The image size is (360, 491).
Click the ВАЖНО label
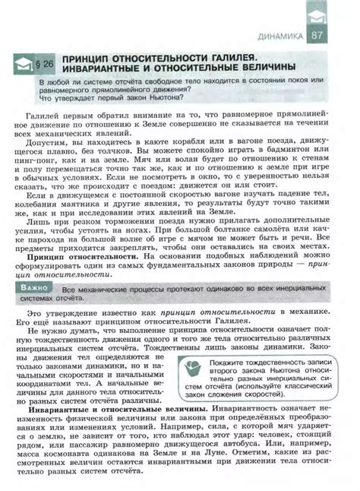point(36,289)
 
